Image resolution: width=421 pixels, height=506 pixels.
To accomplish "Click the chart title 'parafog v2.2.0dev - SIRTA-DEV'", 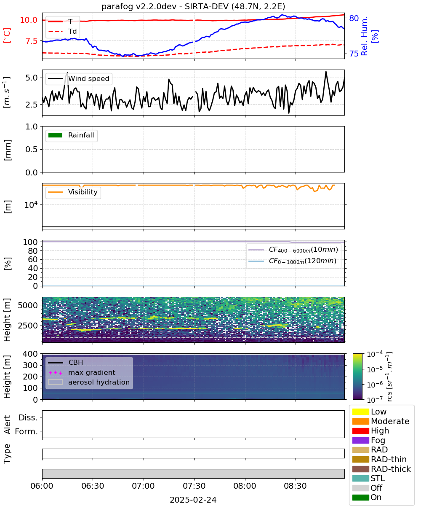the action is (x=165, y=6).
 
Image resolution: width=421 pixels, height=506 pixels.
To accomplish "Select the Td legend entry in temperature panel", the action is (x=62, y=31).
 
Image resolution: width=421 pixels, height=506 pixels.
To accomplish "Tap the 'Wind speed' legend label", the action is (x=88, y=78).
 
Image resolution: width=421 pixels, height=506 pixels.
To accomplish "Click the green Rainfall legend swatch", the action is (x=56, y=135).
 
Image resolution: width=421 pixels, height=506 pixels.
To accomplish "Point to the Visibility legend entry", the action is (x=73, y=192).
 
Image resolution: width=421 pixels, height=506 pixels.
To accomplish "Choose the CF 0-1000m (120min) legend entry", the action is (x=293, y=261).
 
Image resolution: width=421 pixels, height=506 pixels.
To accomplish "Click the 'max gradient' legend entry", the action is (x=82, y=372).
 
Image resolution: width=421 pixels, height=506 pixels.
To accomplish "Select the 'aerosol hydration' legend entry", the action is (x=89, y=382).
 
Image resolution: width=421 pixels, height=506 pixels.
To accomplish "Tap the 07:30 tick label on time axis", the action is (x=194, y=486).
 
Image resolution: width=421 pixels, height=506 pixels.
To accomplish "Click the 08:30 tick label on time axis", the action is (x=295, y=486).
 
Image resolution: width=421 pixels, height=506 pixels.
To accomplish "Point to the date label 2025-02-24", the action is (x=193, y=500).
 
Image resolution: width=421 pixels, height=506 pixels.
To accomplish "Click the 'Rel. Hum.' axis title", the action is (x=364, y=36).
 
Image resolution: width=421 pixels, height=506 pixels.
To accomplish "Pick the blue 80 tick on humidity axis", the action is (x=354, y=18).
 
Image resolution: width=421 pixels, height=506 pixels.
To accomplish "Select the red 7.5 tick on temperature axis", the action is (x=32, y=41).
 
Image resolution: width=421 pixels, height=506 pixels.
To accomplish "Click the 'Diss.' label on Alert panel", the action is (x=28, y=417).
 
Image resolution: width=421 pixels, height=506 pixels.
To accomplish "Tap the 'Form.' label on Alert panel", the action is (x=27, y=431).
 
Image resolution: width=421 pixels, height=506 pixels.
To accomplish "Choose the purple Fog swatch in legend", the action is (x=360, y=440).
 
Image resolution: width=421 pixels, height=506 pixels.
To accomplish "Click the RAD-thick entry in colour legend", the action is (x=381, y=469).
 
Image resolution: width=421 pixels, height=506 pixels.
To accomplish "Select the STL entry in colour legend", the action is (x=368, y=478).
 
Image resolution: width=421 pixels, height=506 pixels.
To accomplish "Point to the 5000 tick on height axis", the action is (x=28, y=305).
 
